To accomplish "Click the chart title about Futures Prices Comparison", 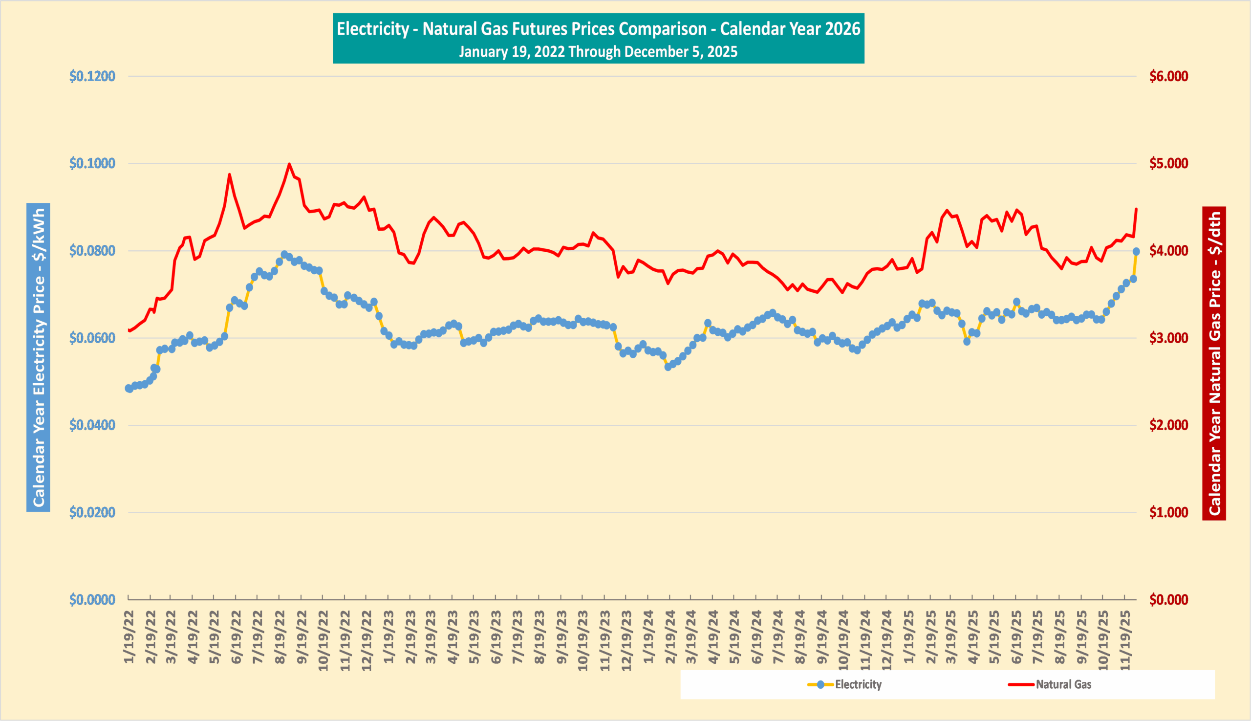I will coord(598,29).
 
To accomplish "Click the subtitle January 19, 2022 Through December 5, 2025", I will coord(598,51).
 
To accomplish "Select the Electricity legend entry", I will coord(844,684).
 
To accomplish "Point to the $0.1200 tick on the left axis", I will coord(92,76).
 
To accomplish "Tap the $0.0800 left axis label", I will coord(92,251).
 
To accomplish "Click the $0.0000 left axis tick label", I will coord(92,600).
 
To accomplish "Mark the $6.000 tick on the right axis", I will coord(1168,76).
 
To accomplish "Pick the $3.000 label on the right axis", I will coord(1168,338).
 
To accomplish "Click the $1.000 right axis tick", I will coord(1168,513).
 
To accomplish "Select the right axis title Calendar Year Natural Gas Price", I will coord(1214,364).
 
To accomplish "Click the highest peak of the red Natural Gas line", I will coord(289,164).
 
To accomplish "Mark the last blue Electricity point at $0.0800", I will coord(1136,252).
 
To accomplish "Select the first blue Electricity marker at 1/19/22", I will coord(129,389).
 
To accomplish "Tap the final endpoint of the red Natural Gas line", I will coord(1136,209).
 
